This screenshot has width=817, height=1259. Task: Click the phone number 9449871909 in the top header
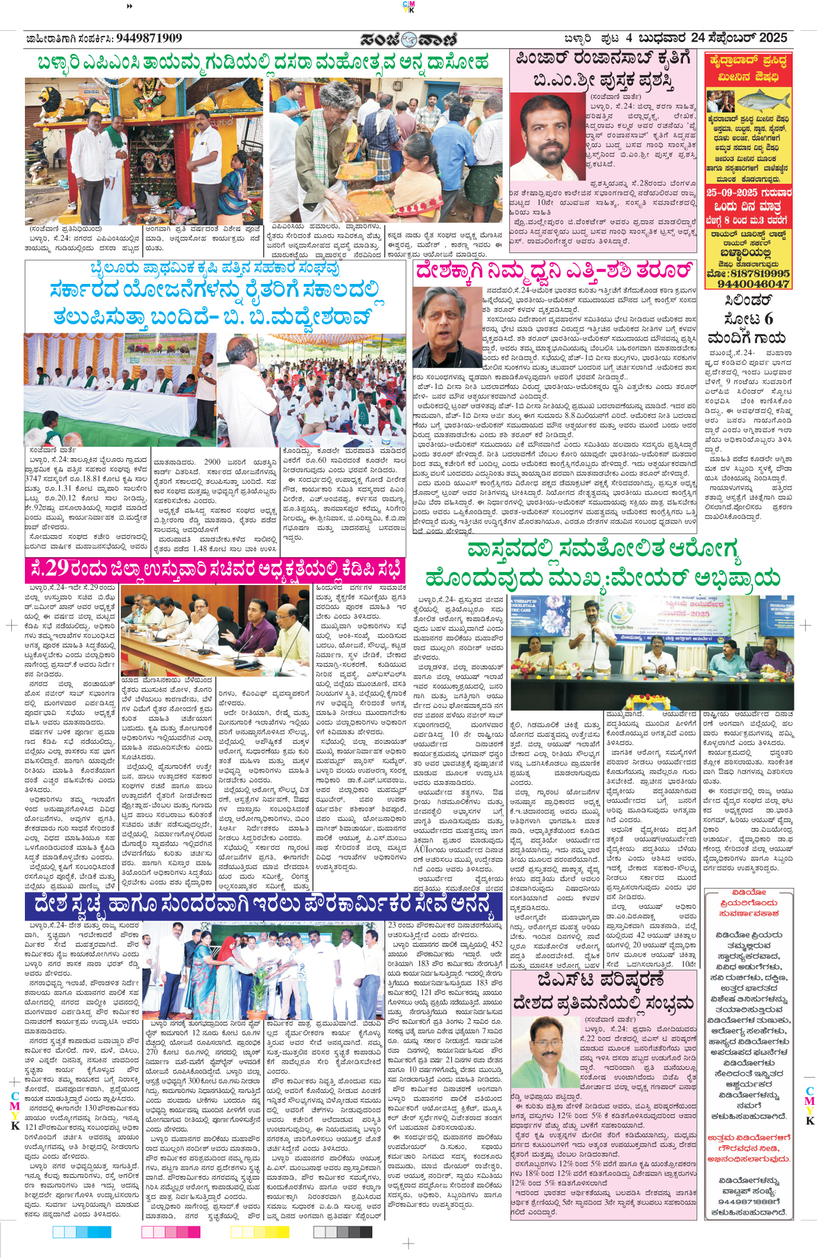[x=149, y=39]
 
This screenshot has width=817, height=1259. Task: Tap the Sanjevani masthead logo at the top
[x=408, y=39]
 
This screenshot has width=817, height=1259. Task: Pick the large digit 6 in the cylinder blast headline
[x=768, y=319]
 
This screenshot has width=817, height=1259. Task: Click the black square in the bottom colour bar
[x=366, y=1232]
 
